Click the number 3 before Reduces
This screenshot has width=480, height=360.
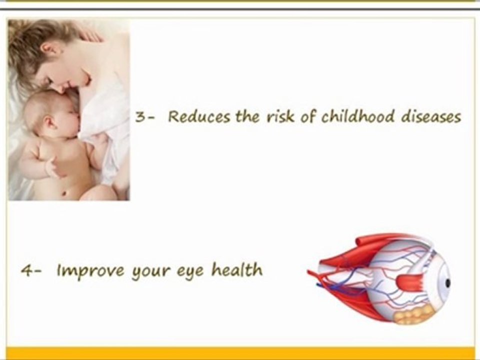139,117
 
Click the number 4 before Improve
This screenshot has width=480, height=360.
25,271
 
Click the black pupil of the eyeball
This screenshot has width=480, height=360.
447,283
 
